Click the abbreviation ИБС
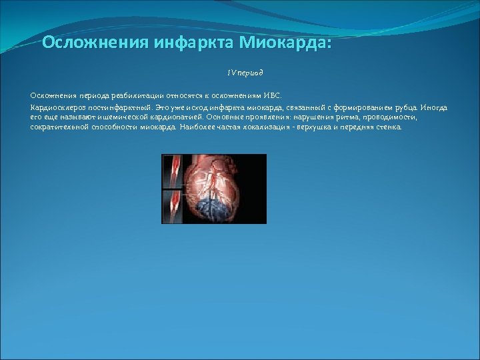coord(273,95)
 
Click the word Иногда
coord(435,107)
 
